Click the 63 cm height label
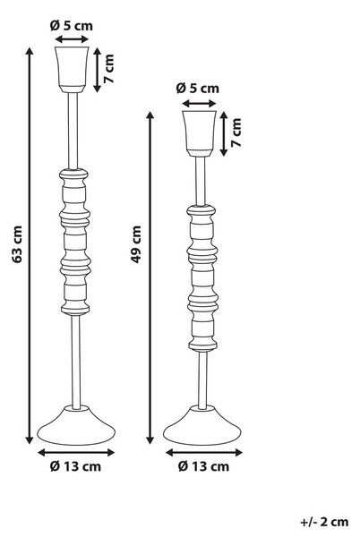click(x=18, y=244)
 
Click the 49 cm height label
click(x=136, y=244)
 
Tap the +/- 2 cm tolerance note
click(x=324, y=522)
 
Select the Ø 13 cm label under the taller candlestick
click(x=76, y=466)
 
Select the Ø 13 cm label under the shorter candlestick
click(x=203, y=466)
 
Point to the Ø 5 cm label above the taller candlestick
click(x=72, y=26)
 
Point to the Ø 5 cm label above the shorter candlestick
click(x=198, y=89)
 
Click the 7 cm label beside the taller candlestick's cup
click(x=109, y=69)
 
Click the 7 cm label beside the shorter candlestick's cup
click(x=236, y=132)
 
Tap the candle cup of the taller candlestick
click(x=72, y=70)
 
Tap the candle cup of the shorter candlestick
click(x=199, y=133)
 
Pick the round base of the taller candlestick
click(x=76, y=425)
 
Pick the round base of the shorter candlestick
click(x=202, y=425)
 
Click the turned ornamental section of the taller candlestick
click(x=75, y=242)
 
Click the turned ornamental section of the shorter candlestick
click(x=202, y=278)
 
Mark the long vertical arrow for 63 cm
click(x=30, y=245)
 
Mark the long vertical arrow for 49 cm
click(x=150, y=277)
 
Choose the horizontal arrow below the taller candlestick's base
click(x=76, y=453)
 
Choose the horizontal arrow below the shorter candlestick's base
click(x=204, y=453)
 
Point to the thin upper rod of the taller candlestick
click(x=73, y=131)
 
